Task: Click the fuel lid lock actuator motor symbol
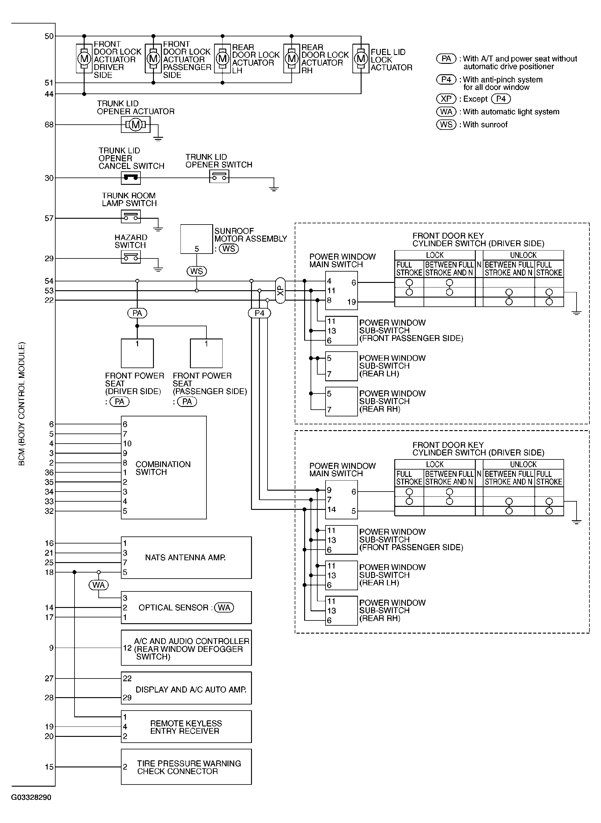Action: (361, 58)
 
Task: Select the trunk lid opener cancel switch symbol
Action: (131, 178)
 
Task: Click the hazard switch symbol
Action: (131, 258)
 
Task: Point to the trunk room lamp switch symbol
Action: (131, 217)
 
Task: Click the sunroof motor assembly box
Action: (196, 239)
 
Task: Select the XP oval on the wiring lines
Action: (280, 290)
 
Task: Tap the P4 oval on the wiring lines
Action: (259, 313)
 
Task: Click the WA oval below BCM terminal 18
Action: (99, 585)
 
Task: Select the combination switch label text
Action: (163, 468)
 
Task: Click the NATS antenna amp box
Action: (186, 558)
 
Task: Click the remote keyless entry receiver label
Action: (186, 727)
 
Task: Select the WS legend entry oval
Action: (446, 124)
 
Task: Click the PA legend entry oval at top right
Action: (446, 59)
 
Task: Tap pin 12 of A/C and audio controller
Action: (127, 648)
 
